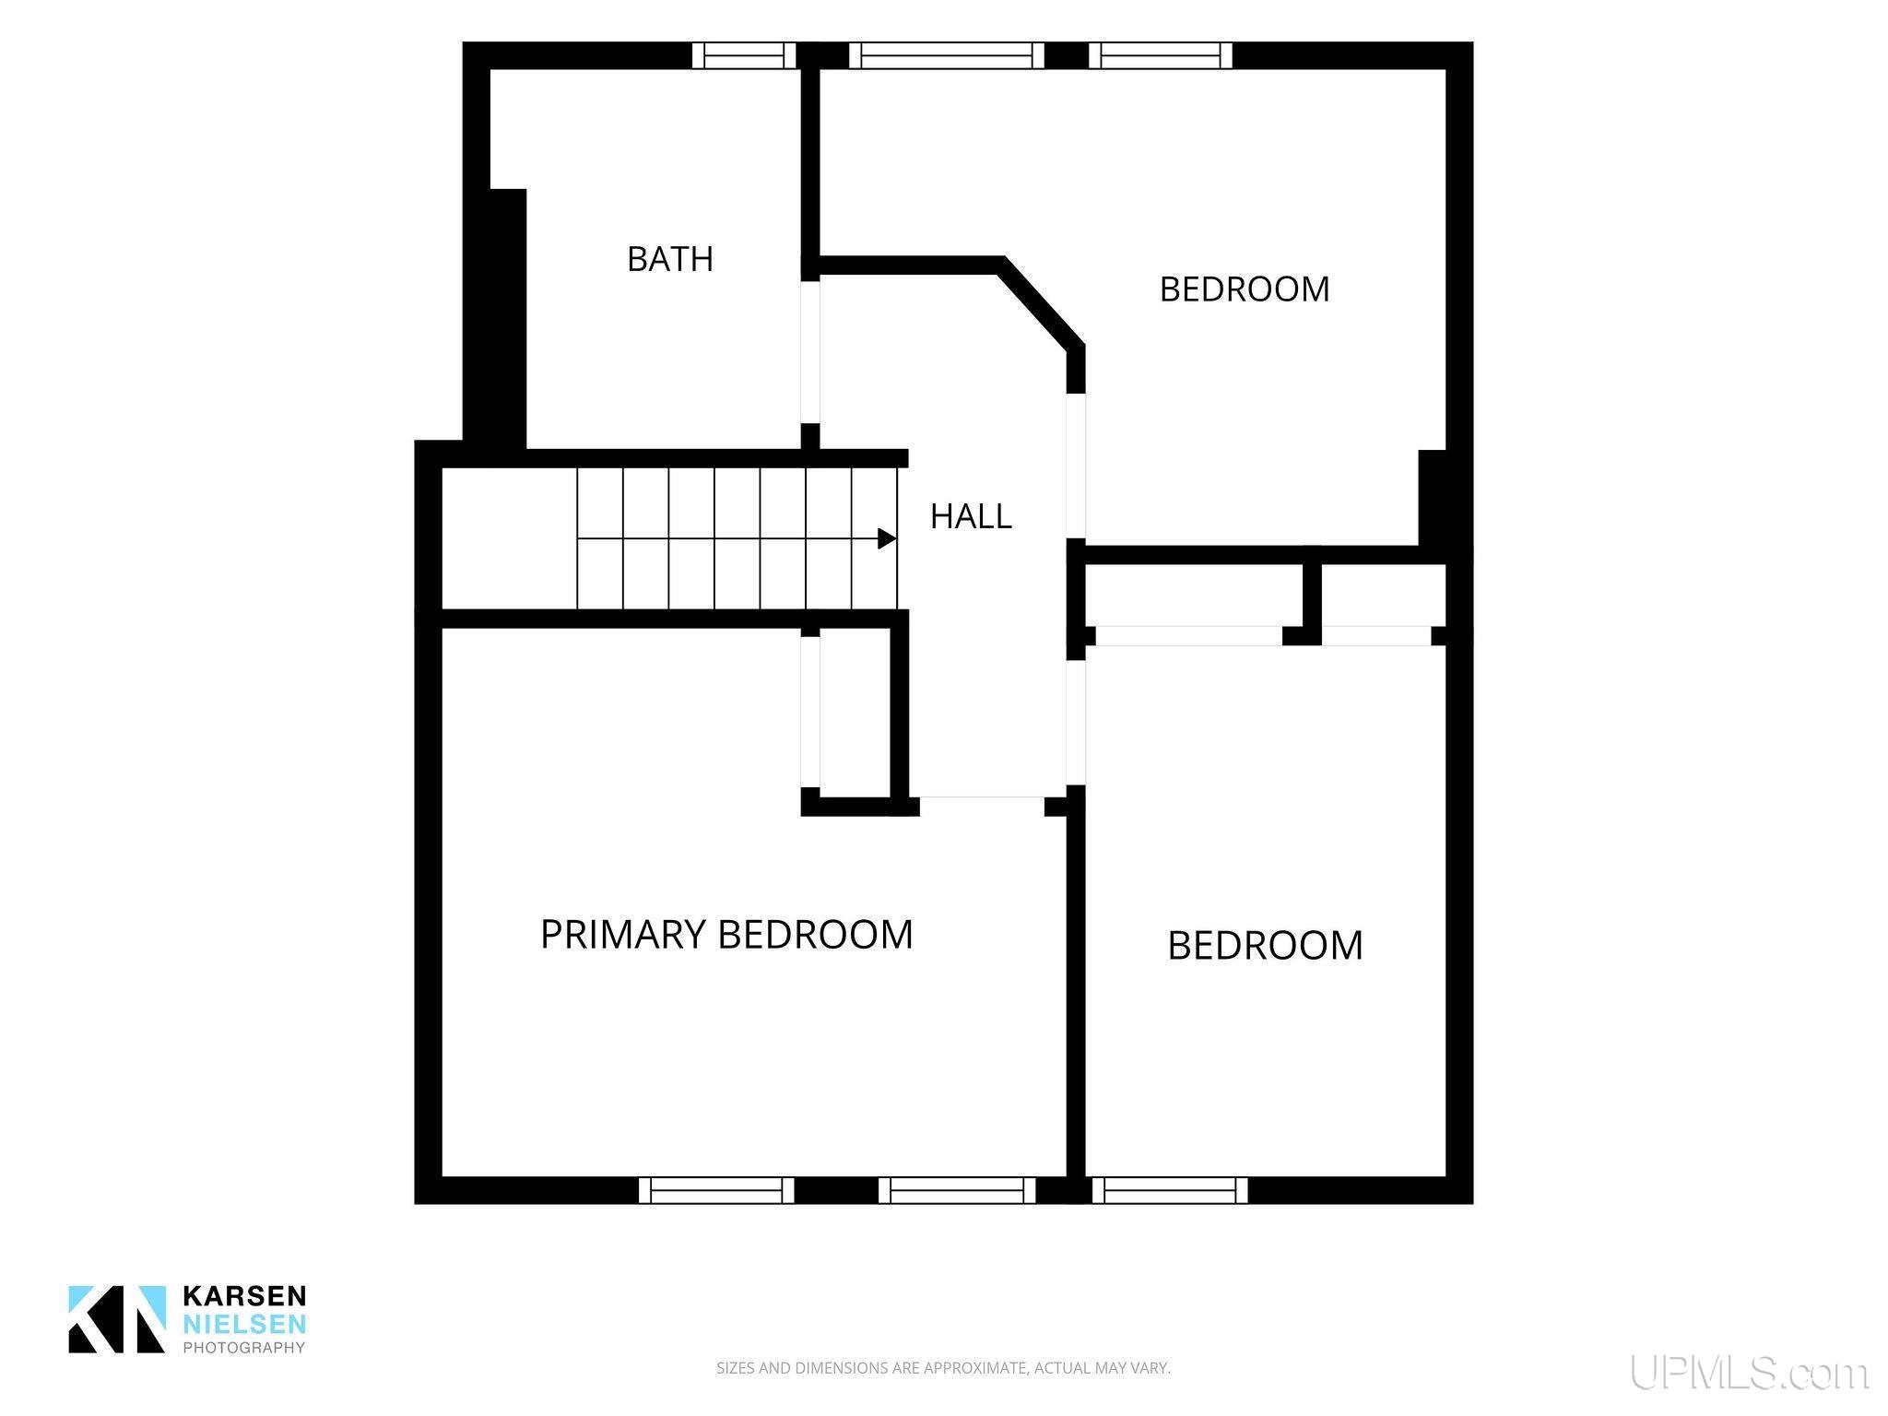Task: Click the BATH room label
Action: [670, 259]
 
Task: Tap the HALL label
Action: [971, 516]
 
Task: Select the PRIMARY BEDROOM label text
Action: [726, 935]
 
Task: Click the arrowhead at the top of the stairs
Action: [887, 538]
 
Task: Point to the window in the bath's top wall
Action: [744, 55]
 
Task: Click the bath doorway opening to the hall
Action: [809, 352]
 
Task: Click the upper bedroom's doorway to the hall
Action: [1076, 466]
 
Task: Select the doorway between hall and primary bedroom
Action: [982, 806]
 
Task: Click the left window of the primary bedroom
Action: [716, 1190]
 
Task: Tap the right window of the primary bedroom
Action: [957, 1190]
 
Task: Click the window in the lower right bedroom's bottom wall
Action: [1170, 1190]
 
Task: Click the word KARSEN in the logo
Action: [244, 1295]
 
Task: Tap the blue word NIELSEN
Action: [244, 1324]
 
